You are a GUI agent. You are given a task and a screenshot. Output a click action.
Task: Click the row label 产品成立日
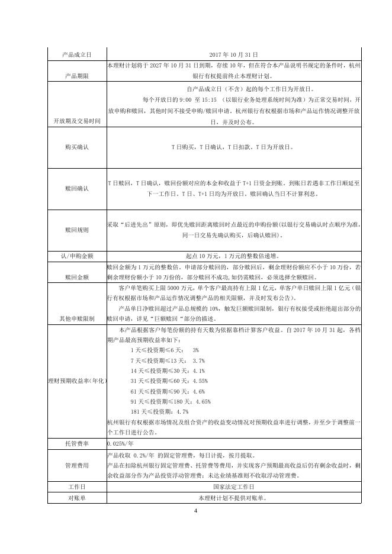[x=77, y=54]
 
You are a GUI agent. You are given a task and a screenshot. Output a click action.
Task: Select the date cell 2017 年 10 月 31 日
[x=234, y=54]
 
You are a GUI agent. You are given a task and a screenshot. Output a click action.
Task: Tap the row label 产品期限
[x=77, y=76]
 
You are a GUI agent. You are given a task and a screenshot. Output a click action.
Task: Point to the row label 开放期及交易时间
[x=77, y=121]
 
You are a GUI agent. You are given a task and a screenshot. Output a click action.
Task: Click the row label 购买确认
[x=77, y=147]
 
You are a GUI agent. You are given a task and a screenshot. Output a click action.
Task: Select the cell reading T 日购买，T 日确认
[x=234, y=147]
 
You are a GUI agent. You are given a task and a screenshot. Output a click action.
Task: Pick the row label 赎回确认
[x=77, y=188]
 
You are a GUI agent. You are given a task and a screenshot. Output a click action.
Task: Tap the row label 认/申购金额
[x=77, y=256]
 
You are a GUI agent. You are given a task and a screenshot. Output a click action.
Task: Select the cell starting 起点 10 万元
[x=234, y=256]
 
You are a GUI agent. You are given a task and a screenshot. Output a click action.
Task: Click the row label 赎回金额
[x=77, y=276]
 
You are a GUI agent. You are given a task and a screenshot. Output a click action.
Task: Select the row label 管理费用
[x=77, y=466]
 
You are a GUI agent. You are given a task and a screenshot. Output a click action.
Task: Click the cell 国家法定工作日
[x=234, y=487]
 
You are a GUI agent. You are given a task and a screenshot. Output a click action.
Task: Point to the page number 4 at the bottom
[x=195, y=510]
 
